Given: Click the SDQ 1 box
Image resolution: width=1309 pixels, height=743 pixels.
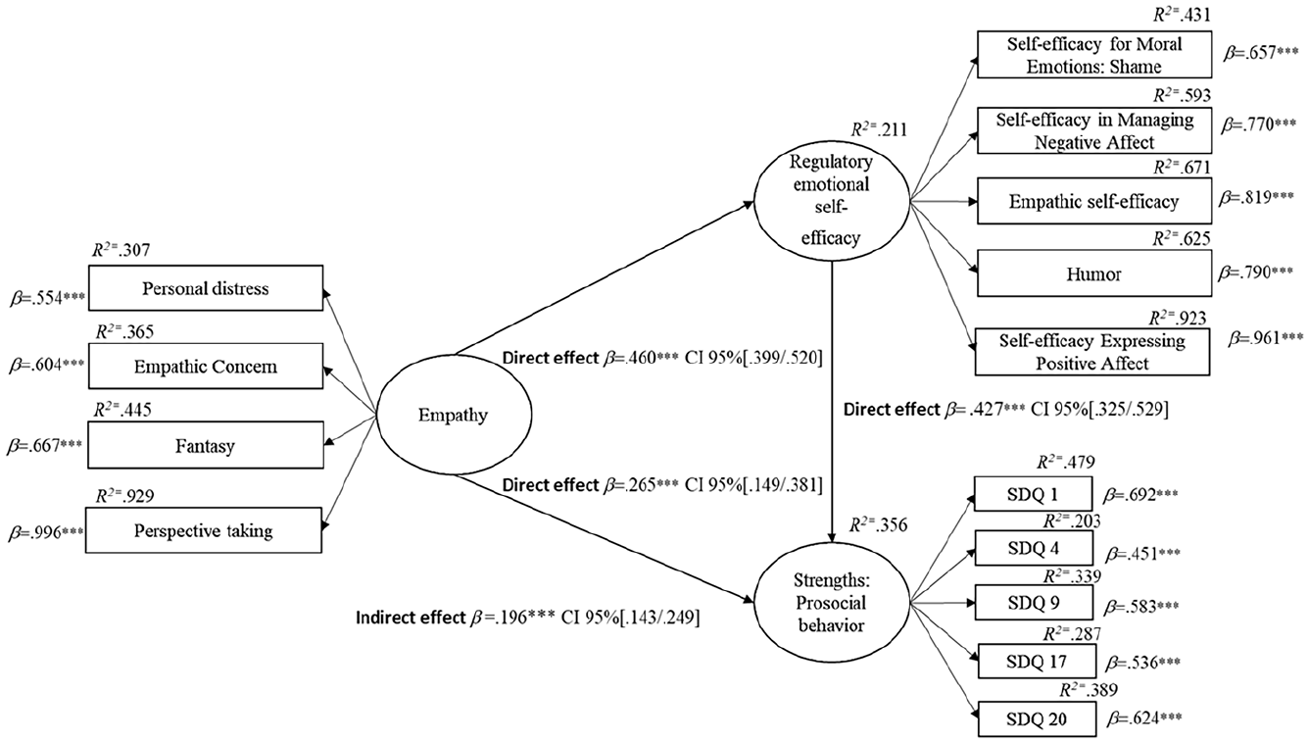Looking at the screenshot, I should tap(1032, 495).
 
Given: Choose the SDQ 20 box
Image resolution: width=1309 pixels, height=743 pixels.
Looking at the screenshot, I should tap(1032, 720).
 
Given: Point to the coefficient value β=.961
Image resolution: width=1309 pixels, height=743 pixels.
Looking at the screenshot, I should tap(1265, 337).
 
